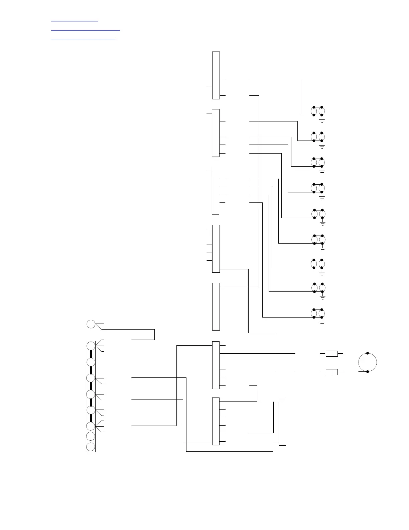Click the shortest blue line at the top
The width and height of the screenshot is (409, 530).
[x=75, y=21]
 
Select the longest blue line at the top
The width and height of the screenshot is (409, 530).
[x=85, y=30]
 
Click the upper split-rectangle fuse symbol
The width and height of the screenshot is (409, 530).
[x=331, y=353]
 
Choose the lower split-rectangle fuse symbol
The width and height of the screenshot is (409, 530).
[x=331, y=372]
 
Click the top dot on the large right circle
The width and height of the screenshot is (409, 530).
[x=368, y=353]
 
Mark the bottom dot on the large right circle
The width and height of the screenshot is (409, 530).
[x=368, y=372]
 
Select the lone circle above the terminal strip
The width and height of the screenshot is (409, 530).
[x=91, y=324]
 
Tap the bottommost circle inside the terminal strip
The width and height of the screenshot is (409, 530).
[x=91, y=447]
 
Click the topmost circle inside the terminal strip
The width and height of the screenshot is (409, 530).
[x=91, y=346]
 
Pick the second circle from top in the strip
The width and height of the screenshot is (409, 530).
[x=91, y=362]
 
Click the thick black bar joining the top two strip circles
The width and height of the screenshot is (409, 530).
[x=91, y=354]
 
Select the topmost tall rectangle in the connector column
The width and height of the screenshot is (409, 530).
[x=216, y=75]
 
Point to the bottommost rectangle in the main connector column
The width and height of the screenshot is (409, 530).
[x=216, y=421]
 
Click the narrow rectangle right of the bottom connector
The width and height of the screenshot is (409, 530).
[x=282, y=422]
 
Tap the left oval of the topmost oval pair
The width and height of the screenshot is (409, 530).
[x=314, y=111]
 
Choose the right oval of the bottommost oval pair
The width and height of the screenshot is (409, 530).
[x=322, y=313]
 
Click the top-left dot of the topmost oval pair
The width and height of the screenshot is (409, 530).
[x=314, y=107]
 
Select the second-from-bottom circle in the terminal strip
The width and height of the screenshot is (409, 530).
[x=91, y=436]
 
